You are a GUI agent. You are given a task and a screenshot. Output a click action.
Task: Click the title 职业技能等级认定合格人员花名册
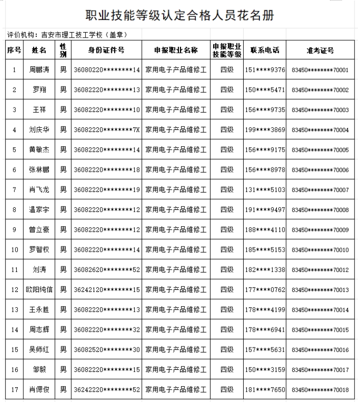(x=180, y=16)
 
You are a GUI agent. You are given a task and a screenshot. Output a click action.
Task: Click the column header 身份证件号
(x=107, y=50)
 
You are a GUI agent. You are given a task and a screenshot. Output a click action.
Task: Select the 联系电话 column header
(x=265, y=50)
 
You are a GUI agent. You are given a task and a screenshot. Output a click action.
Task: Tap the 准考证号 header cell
(x=320, y=50)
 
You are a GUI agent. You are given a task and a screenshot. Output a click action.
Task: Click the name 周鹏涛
(x=39, y=70)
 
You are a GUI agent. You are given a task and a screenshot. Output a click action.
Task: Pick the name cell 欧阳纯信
(x=39, y=290)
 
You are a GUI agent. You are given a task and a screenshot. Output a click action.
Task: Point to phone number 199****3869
(x=265, y=130)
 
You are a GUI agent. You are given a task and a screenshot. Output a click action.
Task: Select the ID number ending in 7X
(x=107, y=130)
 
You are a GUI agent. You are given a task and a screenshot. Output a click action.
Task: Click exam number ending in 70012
(x=320, y=270)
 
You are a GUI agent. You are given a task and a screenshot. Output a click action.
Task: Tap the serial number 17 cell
(x=14, y=390)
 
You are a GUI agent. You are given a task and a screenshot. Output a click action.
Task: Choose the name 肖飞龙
(x=39, y=190)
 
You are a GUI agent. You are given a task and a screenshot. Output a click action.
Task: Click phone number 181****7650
(x=265, y=390)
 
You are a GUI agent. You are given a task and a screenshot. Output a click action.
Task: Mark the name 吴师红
(x=39, y=350)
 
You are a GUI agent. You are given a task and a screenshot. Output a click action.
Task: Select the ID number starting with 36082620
(x=107, y=270)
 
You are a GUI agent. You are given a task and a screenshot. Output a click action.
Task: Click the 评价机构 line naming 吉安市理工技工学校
(x=67, y=35)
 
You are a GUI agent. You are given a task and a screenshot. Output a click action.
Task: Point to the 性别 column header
(x=63, y=50)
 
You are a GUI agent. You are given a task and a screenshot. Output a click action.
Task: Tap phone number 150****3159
(x=265, y=370)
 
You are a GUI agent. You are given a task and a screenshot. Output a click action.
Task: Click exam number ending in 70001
(x=320, y=70)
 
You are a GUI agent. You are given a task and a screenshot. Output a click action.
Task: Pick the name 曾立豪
(x=39, y=230)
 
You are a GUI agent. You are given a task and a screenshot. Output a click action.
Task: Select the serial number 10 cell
(x=14, y=250)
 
